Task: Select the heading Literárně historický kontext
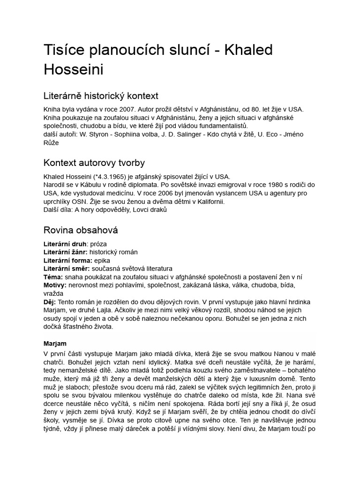click(101, 96)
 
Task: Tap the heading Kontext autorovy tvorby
click(94, 163)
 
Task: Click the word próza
click(98, 244)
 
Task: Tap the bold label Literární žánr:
click(65, 252)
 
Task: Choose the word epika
click(102, 260)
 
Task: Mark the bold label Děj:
click(50, 302)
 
